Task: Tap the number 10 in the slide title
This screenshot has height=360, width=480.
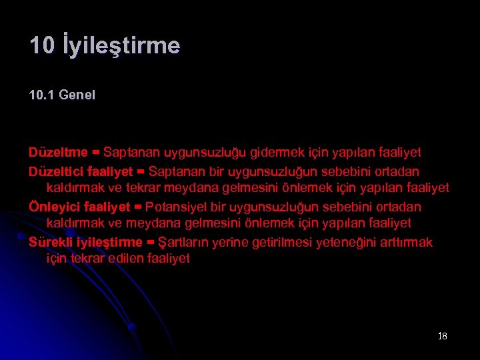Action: (42, 46)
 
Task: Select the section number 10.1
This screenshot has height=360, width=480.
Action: (41, 95)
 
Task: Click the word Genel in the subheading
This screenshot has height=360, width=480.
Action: (77, 95)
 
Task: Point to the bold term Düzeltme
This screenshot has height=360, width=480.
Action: (57, 153)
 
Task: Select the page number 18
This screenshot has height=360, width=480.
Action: (443, 336)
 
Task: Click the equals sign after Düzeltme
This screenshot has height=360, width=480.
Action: (96, 153)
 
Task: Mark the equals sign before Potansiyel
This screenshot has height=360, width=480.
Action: (137, 207)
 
